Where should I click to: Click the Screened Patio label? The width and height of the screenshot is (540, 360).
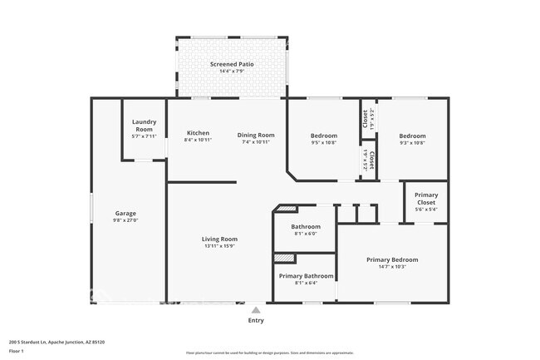pos(232,64)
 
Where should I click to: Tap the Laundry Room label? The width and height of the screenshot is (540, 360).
pos(144,126)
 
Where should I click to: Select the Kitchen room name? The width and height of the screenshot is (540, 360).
pos(198,133)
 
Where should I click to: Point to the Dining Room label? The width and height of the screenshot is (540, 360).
pos(255,135)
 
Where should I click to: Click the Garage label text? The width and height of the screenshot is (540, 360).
pos(125,214)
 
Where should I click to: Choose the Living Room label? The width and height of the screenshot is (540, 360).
pos(219,239)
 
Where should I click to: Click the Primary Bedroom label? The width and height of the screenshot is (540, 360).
pos(392,259)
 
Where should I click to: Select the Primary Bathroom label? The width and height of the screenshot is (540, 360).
pos(306,276)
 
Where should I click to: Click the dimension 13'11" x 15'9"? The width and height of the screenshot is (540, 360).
pos(219,246)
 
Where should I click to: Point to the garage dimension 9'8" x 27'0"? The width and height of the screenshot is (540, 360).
pos(125,220)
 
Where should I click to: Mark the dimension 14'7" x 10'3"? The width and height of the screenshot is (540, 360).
pos(392,267)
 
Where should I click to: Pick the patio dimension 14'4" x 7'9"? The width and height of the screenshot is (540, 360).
pos(232,72)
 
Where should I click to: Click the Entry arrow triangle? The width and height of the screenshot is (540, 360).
pos(256,309)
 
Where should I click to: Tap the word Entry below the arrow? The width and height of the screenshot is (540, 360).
pos(256,320)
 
